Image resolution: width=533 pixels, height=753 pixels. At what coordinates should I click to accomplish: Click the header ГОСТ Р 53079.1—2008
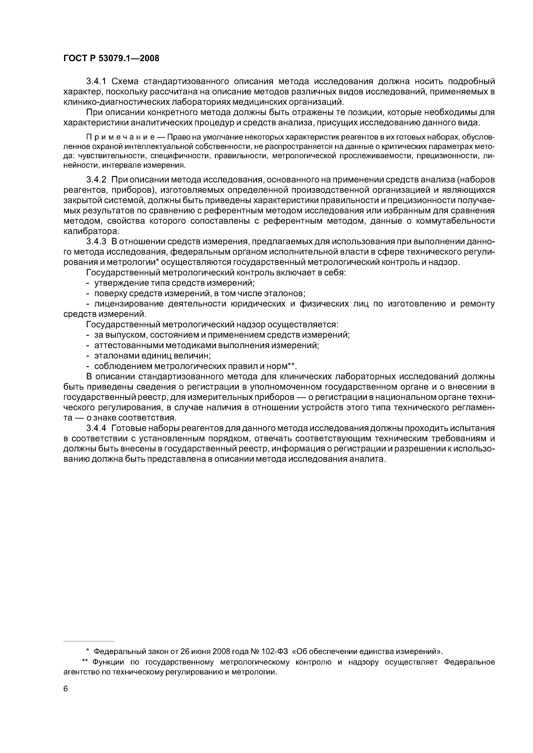point(111,58)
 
